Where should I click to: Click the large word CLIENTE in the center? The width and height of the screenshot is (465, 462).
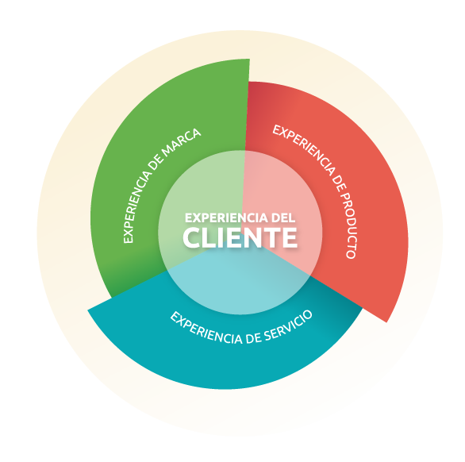(240, 237)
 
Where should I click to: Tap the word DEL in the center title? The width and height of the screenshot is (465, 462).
(283, 218)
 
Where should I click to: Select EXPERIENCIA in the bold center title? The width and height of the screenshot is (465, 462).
(227, 218)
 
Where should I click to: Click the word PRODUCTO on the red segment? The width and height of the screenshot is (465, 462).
(348, 224)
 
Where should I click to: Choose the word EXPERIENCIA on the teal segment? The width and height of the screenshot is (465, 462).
(206, 328)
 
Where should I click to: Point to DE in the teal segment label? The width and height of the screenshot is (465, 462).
(253, 338)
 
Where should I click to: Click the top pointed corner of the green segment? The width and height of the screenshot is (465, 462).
(250, 59)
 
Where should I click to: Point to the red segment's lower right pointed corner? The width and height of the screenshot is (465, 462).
(386, 322)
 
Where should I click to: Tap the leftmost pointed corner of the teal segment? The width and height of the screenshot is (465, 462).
(87, 310)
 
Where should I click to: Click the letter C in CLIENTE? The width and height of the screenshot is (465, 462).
(192, 237)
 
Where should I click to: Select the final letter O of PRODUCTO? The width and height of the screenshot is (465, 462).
(352, 254)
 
